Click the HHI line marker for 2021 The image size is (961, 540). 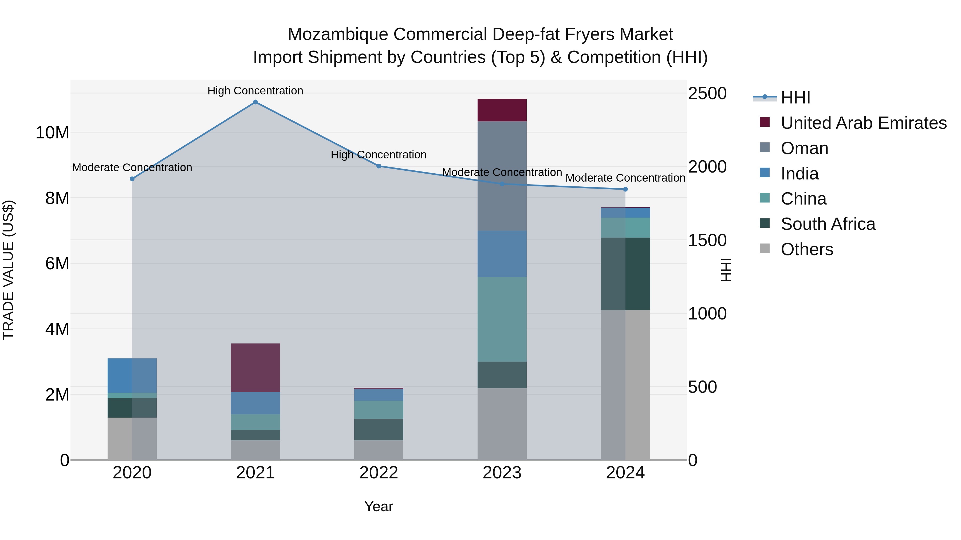pos(255,102)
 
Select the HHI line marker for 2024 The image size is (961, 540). pos(625,189)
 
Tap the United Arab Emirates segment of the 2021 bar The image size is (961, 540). pos(255,367)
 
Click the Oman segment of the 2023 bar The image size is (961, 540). pos(502,176)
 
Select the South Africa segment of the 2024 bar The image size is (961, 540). pos(625,274)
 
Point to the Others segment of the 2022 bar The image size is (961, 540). pos(379,450)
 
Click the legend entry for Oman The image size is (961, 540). pos(804,148)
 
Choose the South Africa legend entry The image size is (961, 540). pos(828,224)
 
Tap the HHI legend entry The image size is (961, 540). pos(795,98)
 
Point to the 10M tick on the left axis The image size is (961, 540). pos(52,133)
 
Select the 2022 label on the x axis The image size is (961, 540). pos(379,473)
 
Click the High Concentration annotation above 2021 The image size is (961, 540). pos(255,91)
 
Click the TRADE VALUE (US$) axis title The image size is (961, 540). pos(8,270)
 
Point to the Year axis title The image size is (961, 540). pos(379,506)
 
